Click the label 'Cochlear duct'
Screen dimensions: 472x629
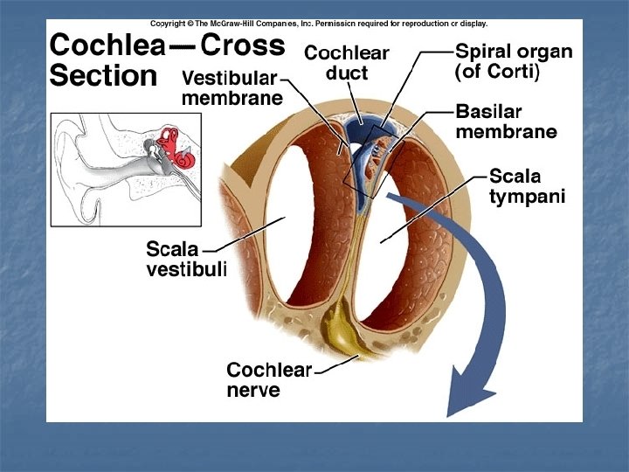point(347,62)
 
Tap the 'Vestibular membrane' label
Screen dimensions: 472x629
point(232,87)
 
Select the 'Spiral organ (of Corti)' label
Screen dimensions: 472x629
point(514,62)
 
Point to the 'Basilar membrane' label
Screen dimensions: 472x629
point(506,122)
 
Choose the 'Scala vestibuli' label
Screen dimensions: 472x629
point(186,260)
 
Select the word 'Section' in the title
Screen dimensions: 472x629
point(103,77)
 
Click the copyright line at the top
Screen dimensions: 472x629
point(318,24)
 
